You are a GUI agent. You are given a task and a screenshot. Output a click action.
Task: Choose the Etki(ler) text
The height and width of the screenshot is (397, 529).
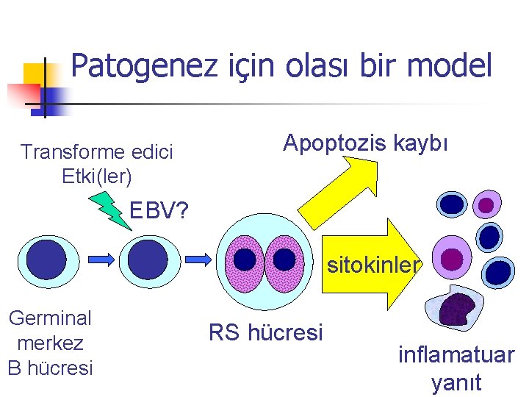pyautogui.click(x=98, y=176)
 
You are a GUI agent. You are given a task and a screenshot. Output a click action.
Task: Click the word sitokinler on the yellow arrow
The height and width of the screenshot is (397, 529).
pyautogui.click(x=373, y=264)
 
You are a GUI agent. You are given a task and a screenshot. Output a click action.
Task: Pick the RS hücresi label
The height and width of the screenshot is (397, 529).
pyautogui.click(x=265, y=333)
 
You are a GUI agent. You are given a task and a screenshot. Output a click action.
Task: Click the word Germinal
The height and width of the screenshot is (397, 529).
pyautogui.click(x=50, y=318)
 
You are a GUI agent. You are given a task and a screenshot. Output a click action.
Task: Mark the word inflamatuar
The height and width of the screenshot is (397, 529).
pyautogui.click(x=456, y=355)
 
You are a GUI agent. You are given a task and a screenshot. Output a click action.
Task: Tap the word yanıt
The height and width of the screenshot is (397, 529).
pyautogui.click(x=456, y=382)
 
